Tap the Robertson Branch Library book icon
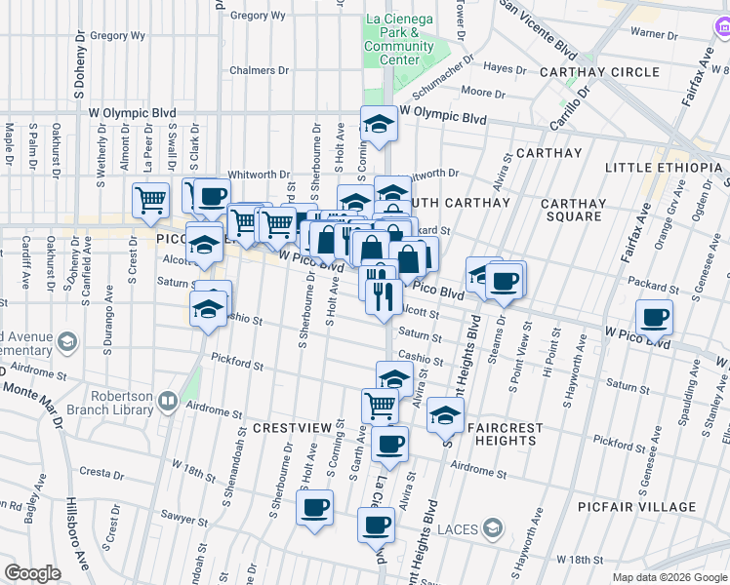click(x=168, y=401)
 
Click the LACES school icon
click(x=495, y=528)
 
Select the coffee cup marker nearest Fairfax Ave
click(x=654, y=316)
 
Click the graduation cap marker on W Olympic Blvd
click(x=378, y=123)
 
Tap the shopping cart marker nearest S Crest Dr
click(x=150, y=200)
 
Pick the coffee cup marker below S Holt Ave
click(x=315, y=507)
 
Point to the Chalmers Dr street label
click(x=260, y=70)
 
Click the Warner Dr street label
click(x=654, y=33)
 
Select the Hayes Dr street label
click(x=506, y=69)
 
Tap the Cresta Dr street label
click(x=100, y=472)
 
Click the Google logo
click(x=32, y=573)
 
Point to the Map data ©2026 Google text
click(x=669, y=577)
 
